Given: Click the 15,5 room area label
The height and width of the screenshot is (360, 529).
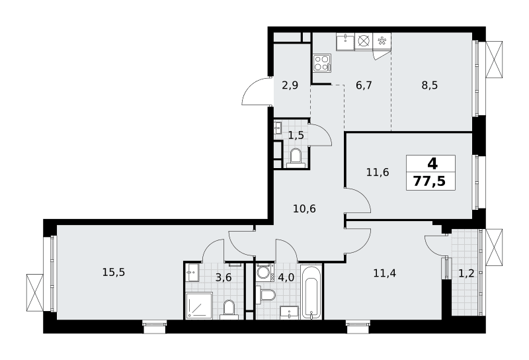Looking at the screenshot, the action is [x=114, y=272].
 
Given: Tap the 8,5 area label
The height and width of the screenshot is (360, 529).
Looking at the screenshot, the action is [x=429, y=85].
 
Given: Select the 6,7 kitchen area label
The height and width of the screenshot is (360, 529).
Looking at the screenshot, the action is [x=364, y=85].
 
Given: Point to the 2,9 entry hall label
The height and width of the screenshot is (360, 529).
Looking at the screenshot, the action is [x=290, y=85].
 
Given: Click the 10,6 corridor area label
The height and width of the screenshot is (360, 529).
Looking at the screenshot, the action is [x=304, y=208].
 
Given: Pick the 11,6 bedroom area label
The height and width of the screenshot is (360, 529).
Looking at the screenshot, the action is [x=378, y=173].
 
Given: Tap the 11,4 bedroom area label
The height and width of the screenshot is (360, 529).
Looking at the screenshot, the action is [x=385, y=273].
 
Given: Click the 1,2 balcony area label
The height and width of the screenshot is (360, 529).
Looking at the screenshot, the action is [x=466, y=273].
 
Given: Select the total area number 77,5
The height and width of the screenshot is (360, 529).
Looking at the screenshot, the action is [x=429, y=181].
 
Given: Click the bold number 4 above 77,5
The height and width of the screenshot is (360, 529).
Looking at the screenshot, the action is [x=432, y=164].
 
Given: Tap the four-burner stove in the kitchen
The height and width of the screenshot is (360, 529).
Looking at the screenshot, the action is [x=322, y=63].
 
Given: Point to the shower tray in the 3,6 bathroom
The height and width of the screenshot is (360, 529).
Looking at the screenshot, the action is [x=199, y=305].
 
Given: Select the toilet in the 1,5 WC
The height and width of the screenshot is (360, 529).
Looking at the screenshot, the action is [x=296, y=157].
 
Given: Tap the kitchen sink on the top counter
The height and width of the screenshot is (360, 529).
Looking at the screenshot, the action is [x=345, y=42].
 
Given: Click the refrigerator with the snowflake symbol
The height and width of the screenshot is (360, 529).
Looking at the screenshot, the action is [x=382, y=42].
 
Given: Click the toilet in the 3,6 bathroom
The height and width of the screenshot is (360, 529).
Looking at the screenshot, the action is [x=229, y=310].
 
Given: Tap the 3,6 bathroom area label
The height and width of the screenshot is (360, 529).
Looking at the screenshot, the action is [x=224, y=277].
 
